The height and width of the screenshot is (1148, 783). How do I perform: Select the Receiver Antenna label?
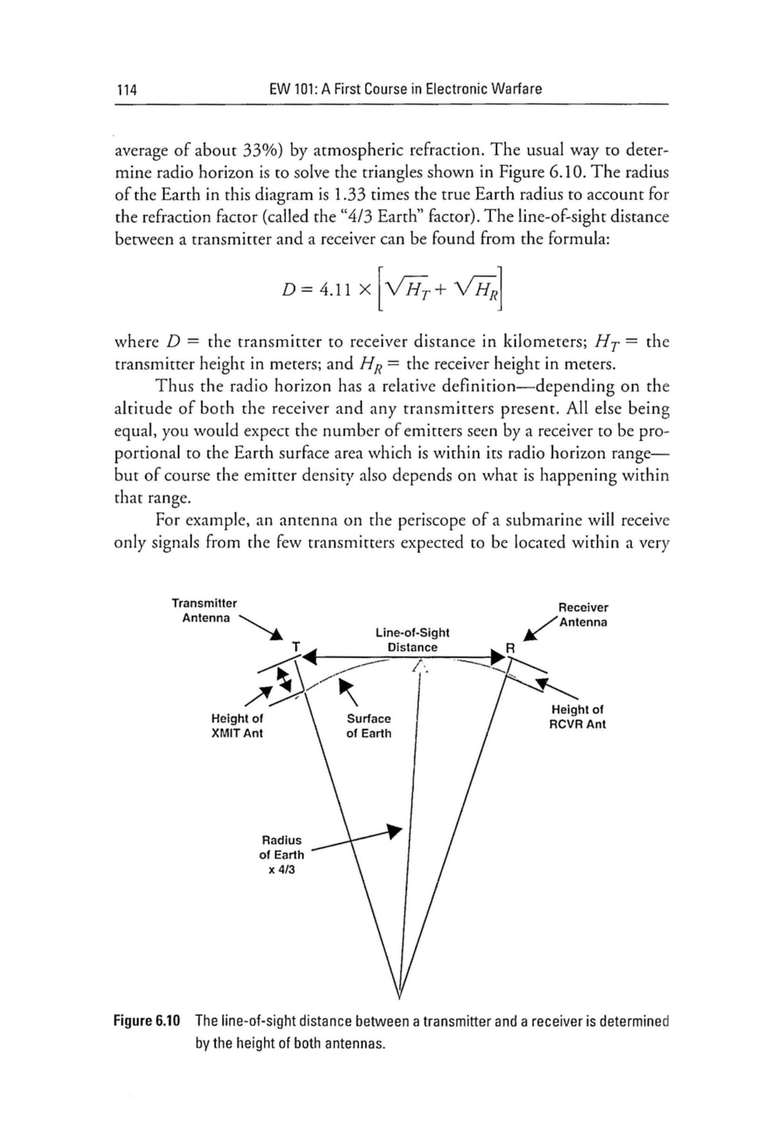(x=583, y=614)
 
